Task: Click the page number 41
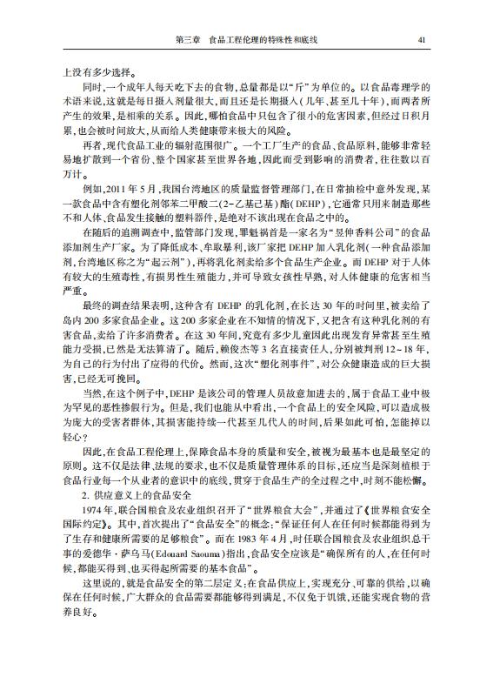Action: click(x=422, y=39)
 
